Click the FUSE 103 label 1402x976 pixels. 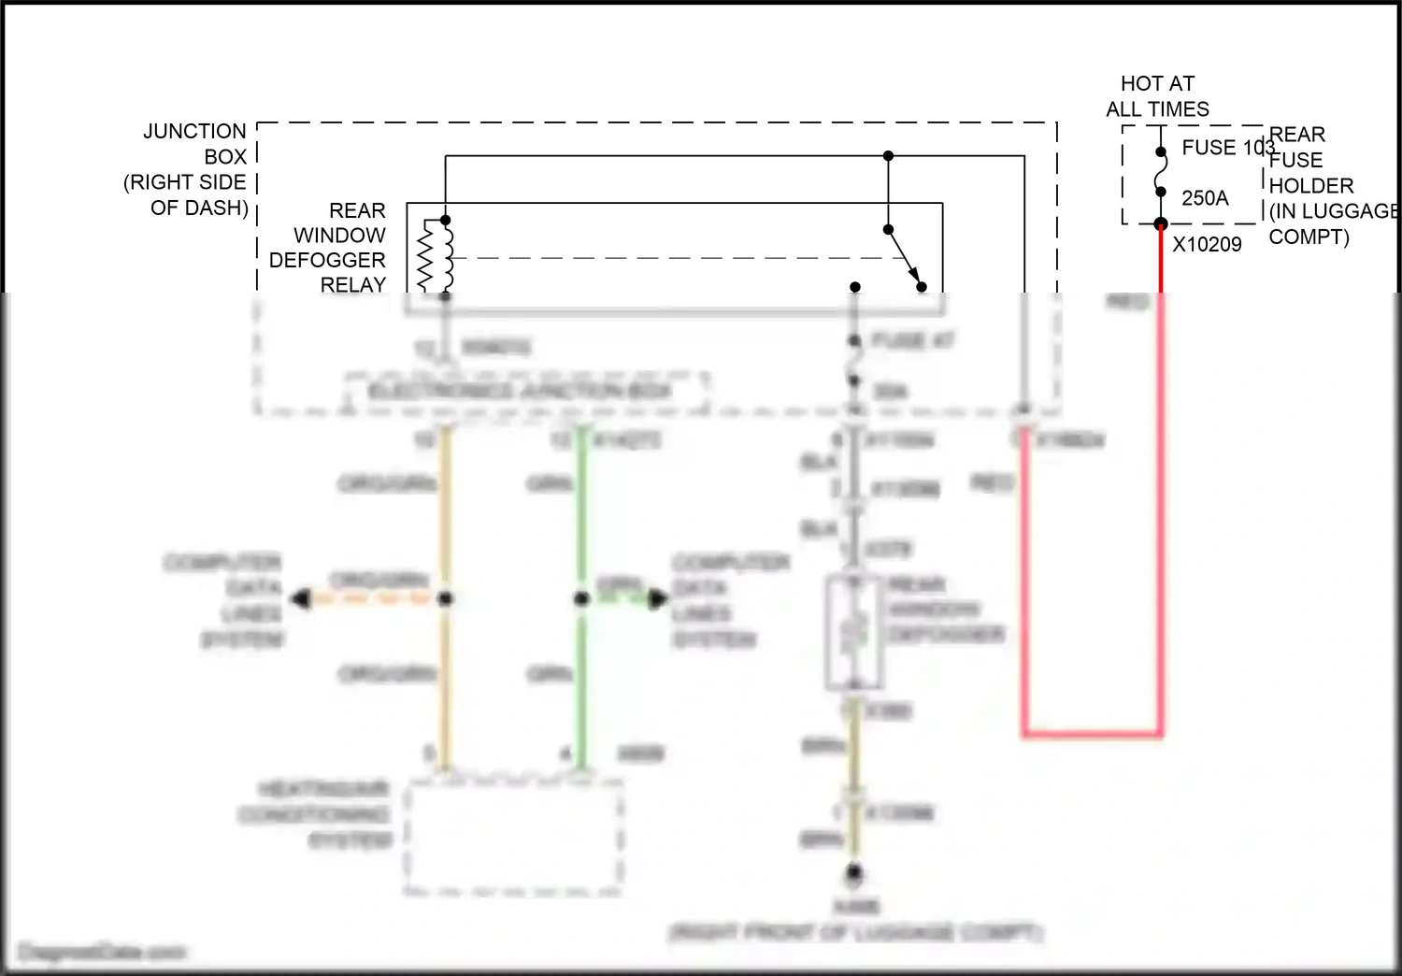(1226, 148)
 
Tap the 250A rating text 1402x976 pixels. (1204, 198)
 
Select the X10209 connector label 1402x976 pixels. (1207, 245)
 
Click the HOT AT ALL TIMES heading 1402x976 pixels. (1157, 96)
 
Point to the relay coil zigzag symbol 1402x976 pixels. (427, 258)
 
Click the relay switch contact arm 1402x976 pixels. (904, 257)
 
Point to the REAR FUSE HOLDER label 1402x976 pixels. (1327, 186)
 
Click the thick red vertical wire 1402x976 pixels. (1161, 486)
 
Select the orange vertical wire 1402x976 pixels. (446, 524)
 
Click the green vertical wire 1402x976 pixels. (581, 524)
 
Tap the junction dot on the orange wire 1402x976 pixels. (446, 598)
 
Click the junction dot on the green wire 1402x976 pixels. (581, 598)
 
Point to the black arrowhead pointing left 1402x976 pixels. (301, 598)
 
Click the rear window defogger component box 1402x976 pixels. (852, 633)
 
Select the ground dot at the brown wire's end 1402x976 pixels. (853, 874)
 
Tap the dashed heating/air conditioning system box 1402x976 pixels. (514, 839)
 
